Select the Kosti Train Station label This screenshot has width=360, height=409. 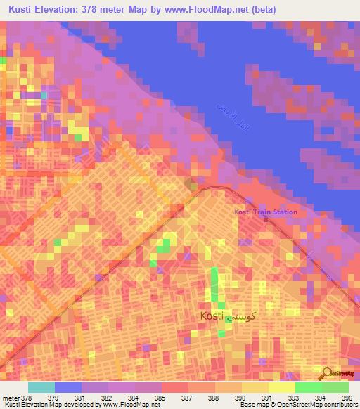266,212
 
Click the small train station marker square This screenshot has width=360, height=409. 266,220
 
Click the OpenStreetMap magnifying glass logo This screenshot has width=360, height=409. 326,374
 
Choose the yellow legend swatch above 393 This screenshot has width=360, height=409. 281,387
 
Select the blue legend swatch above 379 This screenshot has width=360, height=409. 67,387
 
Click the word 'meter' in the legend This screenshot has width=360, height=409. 11,398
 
